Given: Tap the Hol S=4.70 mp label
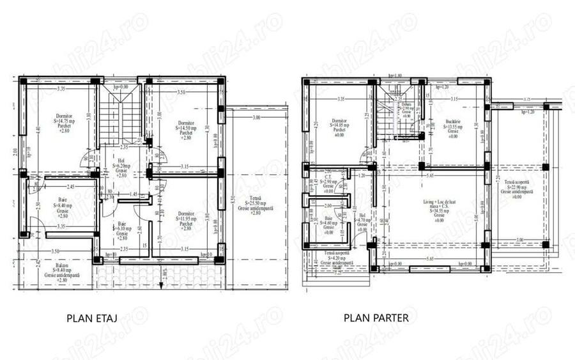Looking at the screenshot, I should coord(362,223).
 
